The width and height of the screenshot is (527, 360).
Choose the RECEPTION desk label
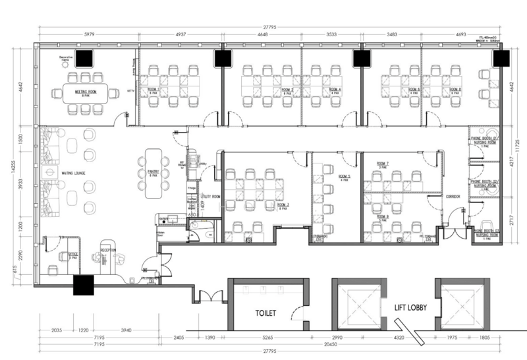pyautogui.click(x=109, y=251)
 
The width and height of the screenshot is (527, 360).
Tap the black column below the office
pyautogui.click(x=84, y=285)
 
